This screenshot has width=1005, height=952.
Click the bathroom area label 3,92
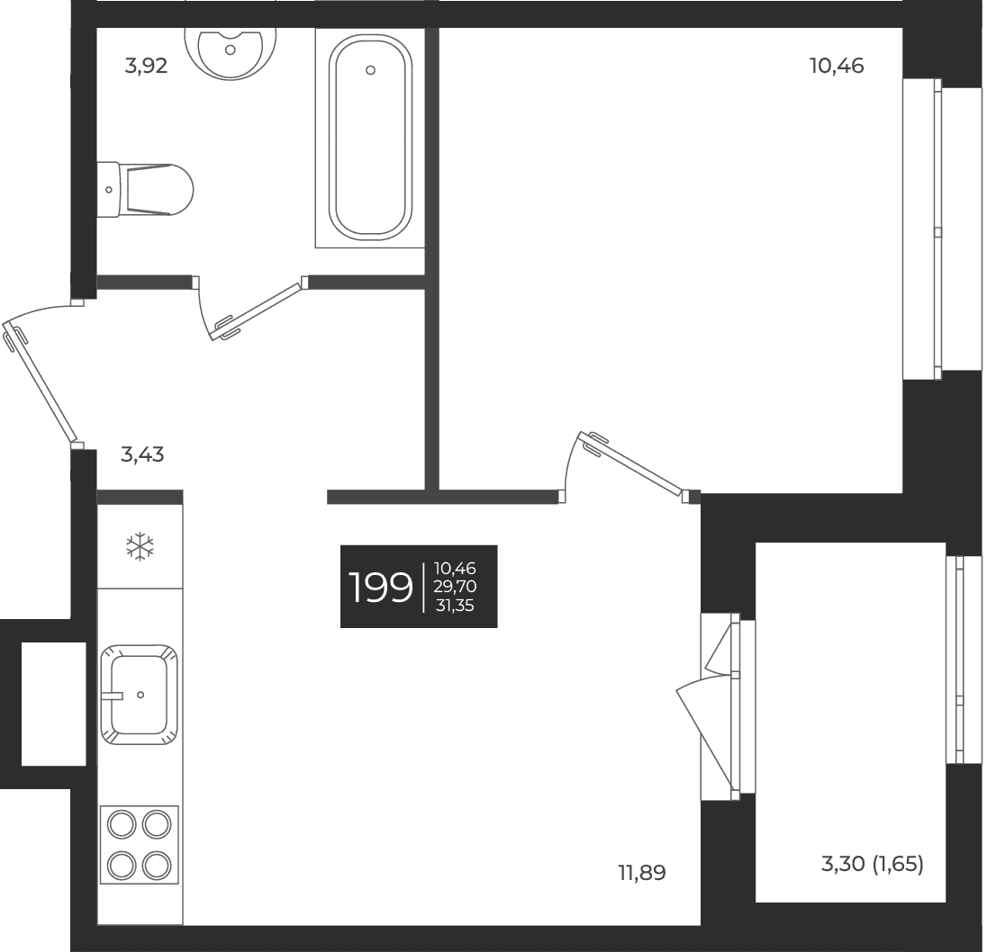click(x=146, y=66)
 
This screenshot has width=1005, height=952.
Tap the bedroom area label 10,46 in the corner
click(x=837, y=66)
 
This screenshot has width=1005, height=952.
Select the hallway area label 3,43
click(x=142, y=454)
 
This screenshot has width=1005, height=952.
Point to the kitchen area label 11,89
click(x=641, y=873)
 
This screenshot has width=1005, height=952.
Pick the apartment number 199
click(x=380, y=587)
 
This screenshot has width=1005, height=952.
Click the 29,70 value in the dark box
click(x=455, y=587)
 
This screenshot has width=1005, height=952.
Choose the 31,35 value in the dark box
click(x=455, y=605)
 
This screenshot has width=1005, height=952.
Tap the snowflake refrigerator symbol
click(x=140, y=547)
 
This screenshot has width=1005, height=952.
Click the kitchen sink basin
click(x=139, y=695)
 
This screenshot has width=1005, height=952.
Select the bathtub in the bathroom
click(x=370, y=138)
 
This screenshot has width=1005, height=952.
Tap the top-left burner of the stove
click(x=122, y=825)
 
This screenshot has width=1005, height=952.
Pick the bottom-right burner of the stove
click(x=157, y=866)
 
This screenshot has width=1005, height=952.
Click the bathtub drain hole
click(x=370, y=70)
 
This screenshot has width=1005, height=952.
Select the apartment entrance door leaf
click(x=40, y=382)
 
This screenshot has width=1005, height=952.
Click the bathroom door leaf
click(x=258, y=311)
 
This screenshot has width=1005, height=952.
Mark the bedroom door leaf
click(x=630, y=463)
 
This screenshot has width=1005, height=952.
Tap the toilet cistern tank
click(x=108, y=190)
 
